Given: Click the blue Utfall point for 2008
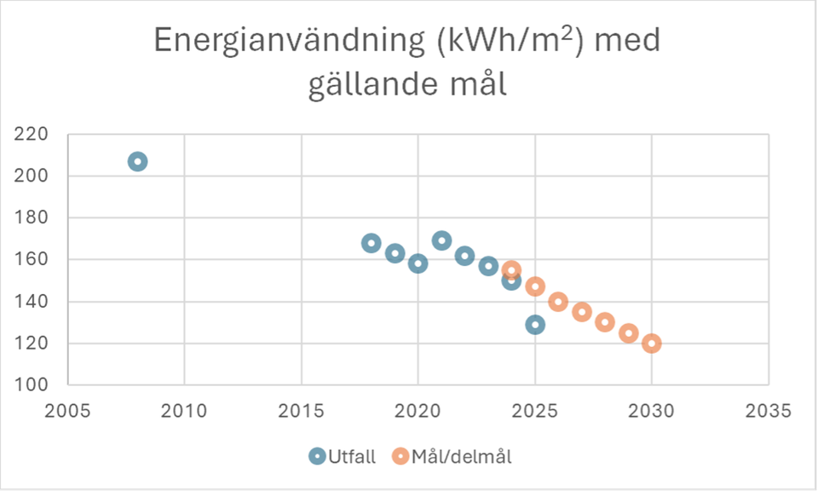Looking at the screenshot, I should [137, 161].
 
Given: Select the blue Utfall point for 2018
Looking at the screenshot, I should [371, 243].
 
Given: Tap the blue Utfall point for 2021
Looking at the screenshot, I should [441, 240].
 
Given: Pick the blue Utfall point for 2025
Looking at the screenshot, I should [535, 324].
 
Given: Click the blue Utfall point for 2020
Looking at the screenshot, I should [418, 263].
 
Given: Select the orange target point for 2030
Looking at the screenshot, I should [652, 343].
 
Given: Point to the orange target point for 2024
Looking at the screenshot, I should [511, 270].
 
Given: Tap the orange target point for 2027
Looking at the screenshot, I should [582, 311].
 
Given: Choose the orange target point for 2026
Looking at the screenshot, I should [558, 301].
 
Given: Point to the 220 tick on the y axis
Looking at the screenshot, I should [32, 135].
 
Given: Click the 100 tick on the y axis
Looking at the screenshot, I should [32, 385].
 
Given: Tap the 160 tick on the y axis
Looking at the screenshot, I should [32, 260].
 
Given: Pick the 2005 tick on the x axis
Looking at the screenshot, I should [67, 408].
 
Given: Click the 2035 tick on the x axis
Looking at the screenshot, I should [769, 408].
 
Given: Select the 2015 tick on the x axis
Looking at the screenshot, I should [301, 408].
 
